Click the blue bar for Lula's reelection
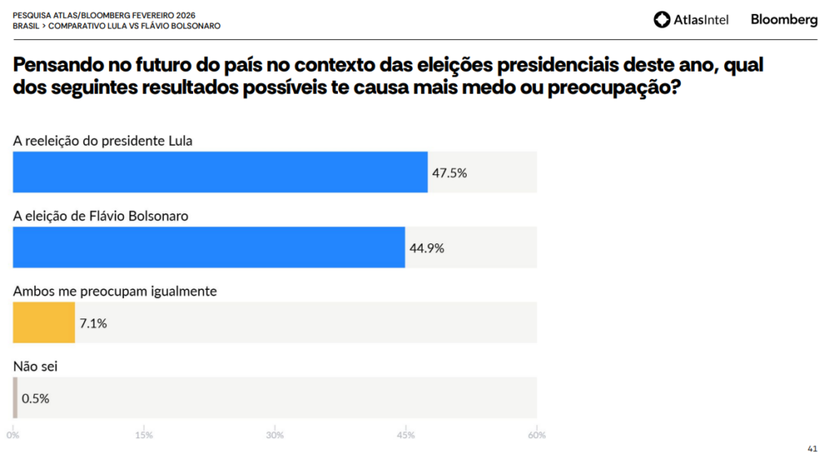click(220, 172)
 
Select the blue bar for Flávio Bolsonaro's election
click(208, 248)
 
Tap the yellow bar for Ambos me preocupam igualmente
click(44, 322)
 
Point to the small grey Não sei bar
click(15, 397)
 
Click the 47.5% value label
click(449, 173)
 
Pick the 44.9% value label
click(426, 248)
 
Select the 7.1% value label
click(93, 323)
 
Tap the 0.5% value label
click(36, 398)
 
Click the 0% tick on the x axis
click(13, 436)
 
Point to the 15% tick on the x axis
click(144, 436)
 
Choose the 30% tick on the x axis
click(275, 436)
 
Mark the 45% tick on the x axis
click(406, 436)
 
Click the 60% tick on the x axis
click(536, 436)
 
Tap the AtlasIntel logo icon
click(662, 20)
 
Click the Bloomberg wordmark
click(784, 20)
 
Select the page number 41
click(812, 448)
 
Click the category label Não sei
click(35, 366)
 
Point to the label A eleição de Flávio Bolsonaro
click(101, 216)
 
